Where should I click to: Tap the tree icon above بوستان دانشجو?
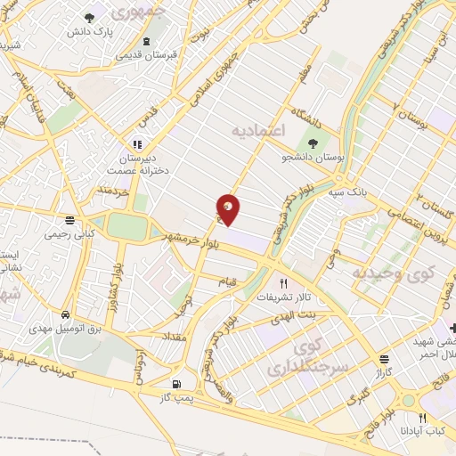[x=313, y=142]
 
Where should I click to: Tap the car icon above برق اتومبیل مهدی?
[x=66, y=315]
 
